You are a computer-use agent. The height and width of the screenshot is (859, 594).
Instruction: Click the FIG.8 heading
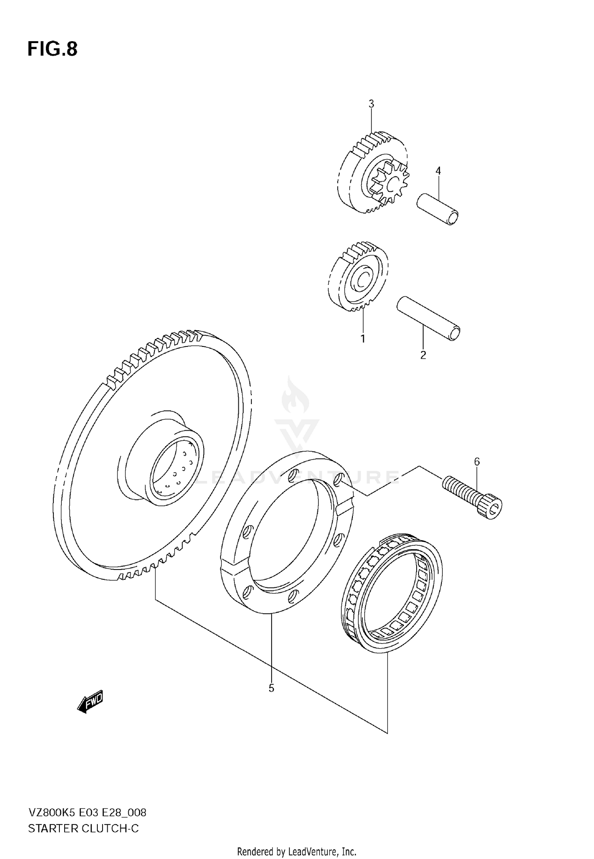click(52, 49)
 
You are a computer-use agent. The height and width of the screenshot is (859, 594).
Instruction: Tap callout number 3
click(371, 104)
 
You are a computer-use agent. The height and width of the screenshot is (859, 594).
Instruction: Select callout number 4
click(438, 171)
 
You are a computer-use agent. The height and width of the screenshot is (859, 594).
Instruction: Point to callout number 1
click(362, 339)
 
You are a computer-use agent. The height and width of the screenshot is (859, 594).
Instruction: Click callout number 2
click(423, 355)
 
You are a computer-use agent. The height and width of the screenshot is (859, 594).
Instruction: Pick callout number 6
click(477, 462)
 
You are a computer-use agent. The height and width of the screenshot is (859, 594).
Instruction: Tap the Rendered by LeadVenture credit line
click(297, 851)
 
